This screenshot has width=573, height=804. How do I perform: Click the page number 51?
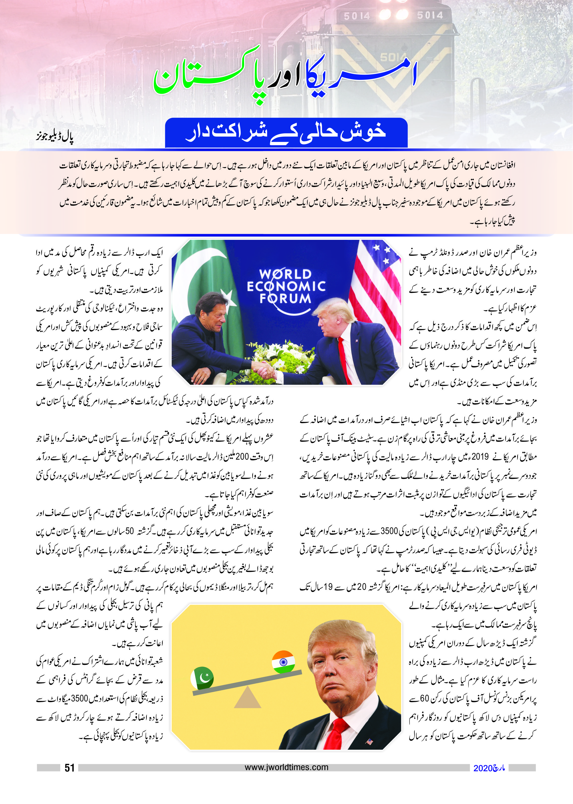point(69,768)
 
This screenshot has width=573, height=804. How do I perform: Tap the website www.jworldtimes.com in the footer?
point(286,767)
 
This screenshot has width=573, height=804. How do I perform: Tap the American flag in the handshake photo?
point(376,282)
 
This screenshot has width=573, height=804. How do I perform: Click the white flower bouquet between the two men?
point(282,356)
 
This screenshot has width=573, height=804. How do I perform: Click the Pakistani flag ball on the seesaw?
point(202,678)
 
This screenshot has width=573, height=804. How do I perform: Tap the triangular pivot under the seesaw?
point(247,697)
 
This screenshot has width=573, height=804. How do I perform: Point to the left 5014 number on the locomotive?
point(357,16)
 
